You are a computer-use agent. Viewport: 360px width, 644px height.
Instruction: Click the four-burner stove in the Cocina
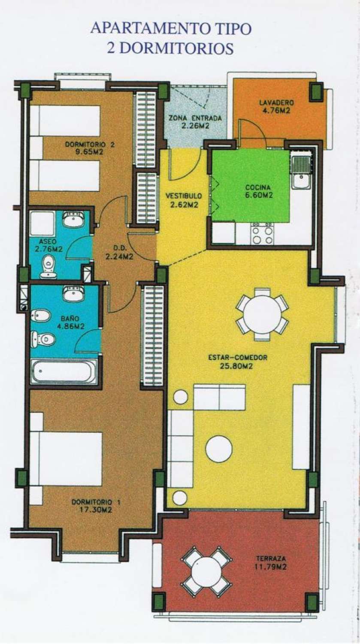point(262,234)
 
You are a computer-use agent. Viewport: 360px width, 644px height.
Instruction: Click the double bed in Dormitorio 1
point(67,459)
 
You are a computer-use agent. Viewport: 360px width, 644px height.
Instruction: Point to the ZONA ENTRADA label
point(195,118)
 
